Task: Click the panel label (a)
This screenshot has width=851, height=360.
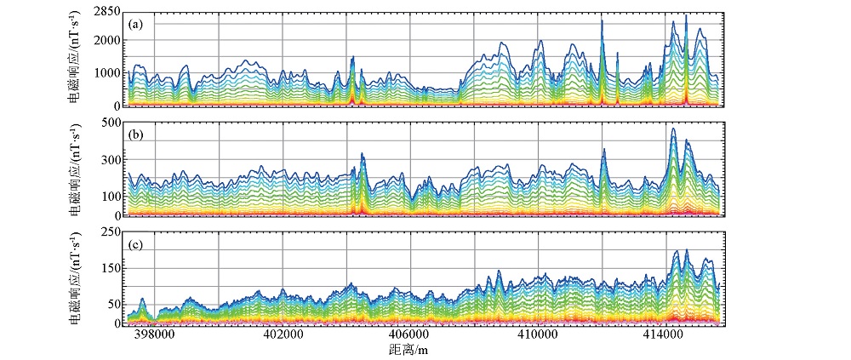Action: (x=135, y=25)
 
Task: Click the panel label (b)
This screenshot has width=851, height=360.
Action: (x=135, y=134)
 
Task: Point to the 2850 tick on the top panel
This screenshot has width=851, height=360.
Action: (x=106, y=9)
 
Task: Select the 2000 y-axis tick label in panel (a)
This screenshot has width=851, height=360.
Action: (x=106, y=40)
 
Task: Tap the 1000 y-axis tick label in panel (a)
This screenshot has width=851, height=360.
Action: (x=106, y=73)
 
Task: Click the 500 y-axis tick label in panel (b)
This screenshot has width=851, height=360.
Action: (x=111, y=123)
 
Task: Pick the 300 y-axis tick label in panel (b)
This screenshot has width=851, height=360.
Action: (x=111, y=160)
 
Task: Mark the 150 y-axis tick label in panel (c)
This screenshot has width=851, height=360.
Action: (x=111, y=269)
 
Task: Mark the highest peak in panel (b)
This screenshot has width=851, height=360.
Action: (x=673, y=129)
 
